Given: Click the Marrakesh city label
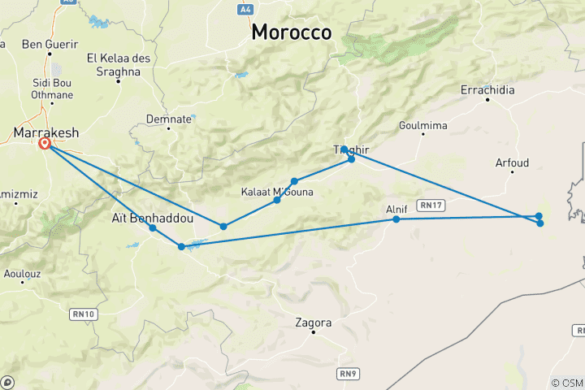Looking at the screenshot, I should [x=45, y=131].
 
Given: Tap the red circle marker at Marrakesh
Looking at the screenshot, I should [x=45, y=144].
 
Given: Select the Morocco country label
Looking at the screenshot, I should [x=292, y=32].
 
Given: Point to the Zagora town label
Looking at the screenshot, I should [x=315, y=323].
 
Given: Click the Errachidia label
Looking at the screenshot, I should [x=487, y=90].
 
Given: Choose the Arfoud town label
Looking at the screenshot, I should [x=512, y=163].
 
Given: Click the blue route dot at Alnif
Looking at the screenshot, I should [x=396, y=219].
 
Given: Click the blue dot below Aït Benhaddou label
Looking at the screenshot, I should [x=153, y=228].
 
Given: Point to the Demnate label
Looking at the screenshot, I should [x=168, y=119].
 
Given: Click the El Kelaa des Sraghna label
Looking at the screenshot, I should [x=114, y=64].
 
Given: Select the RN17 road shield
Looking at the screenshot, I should [x=431, y=205].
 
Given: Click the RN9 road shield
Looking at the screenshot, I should [x=348, y=374].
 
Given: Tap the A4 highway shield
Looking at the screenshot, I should [x=245, y=9].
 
